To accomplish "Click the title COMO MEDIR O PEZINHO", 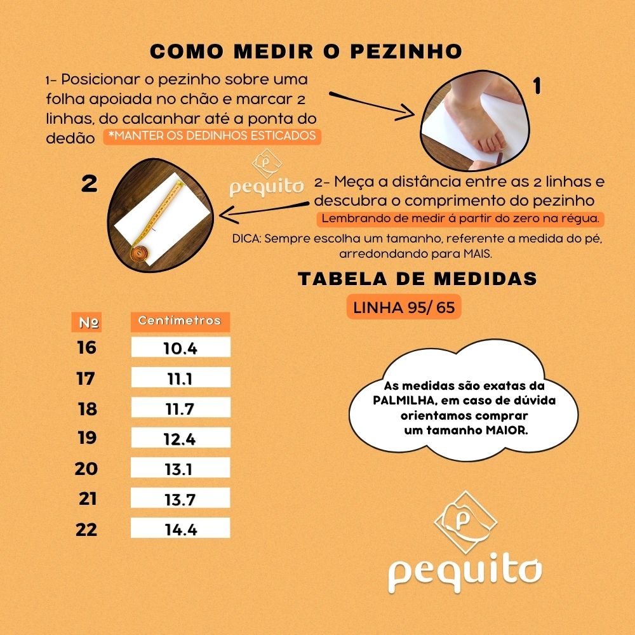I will tap(305, 51).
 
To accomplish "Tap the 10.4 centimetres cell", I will tap(180, 348).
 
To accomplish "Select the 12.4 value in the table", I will tap(180, 439).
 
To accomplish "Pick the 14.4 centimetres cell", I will tap(180, 530).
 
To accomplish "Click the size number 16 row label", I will tap(86, 348).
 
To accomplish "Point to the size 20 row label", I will tap(86, 469).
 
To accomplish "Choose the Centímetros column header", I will tap(180, 321).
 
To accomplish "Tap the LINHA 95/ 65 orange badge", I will tap(403, 308).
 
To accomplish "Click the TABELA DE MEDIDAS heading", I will tap(418, 279).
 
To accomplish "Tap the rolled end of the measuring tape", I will tap(139, 253).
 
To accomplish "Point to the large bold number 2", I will tap(89, 185).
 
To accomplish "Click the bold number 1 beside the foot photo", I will tap(537, 86).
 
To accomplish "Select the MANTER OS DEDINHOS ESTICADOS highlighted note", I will tap(212, 136).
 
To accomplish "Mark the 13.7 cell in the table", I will tap(180, 500).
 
